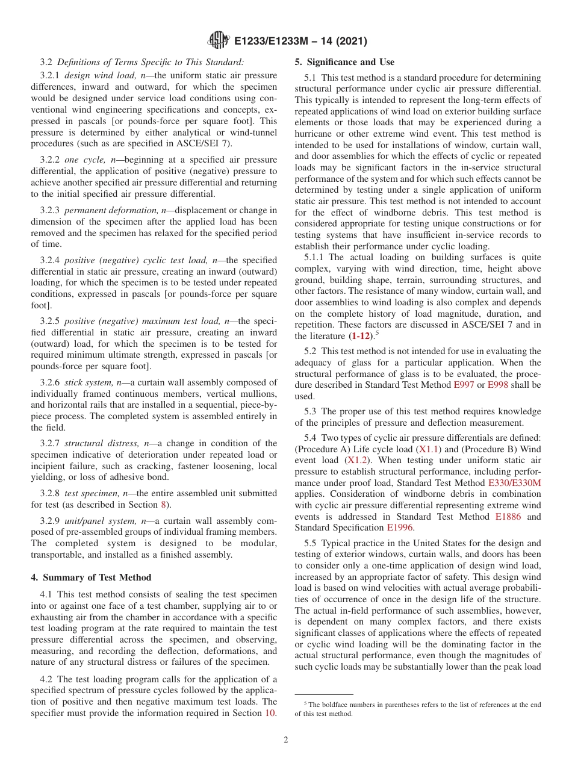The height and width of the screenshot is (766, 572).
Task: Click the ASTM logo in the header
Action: point(218,40)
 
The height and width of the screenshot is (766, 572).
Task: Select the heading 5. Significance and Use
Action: point(344,62)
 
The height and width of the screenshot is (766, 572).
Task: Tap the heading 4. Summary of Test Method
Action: point(91,578)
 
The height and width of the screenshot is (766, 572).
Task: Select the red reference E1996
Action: point(400,528)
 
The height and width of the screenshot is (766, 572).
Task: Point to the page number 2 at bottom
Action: point(286,740)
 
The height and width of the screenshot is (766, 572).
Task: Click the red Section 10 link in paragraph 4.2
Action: point(271,714)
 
